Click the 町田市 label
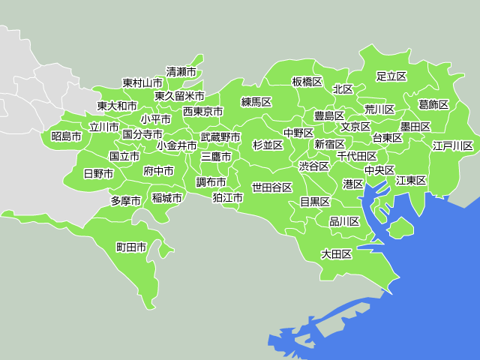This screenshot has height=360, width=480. pos(131,247)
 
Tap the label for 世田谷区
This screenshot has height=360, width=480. pos(271,187)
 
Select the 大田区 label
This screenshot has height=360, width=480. pos(337,254)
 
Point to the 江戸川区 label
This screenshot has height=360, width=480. pos(453,145)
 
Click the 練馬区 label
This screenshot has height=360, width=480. pos(256,101)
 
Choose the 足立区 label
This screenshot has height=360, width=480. pos(391,76)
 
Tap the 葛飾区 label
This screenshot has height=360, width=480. pos(433,104)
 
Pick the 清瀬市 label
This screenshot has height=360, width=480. pos(181,72)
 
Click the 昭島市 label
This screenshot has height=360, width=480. pos(67,136)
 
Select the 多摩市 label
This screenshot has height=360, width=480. pos(126,200)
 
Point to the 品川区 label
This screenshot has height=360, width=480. pos(344,221)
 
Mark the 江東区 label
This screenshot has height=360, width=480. pos(411,180)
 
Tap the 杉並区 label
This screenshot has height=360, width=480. pos(268,145)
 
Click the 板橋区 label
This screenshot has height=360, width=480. pos(307,81)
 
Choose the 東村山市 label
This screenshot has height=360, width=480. pos(142,82)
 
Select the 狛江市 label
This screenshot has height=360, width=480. pos(227,198)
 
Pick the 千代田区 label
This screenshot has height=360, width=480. pos(357,156)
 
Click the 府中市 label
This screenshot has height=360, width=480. pos(158,171)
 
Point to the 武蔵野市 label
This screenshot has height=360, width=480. pos(220,138)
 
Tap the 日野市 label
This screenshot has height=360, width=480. pos(98,173)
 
